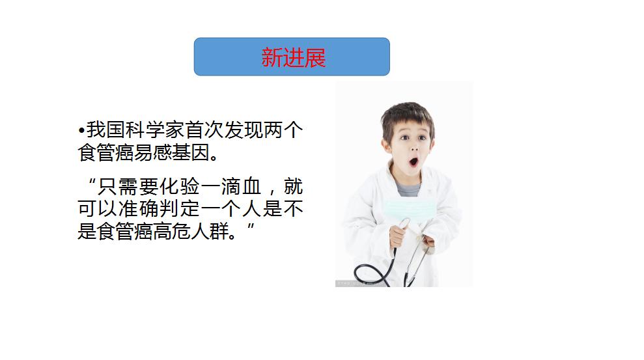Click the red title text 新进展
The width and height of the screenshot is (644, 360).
coord(293,57)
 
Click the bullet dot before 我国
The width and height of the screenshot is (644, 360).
coord(81,130)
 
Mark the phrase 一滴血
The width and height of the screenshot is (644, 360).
coord(232,187)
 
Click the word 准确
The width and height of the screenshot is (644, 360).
coord(141,209)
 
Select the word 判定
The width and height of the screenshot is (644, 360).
coord(185,209)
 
